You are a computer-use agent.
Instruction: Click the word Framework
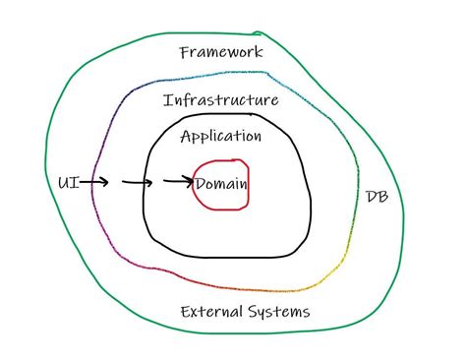221,52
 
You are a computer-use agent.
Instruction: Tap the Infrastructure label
220,99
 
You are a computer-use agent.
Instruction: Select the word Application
221,137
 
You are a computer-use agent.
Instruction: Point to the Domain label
221,184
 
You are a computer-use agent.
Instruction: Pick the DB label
377,197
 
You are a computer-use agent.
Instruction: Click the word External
213,312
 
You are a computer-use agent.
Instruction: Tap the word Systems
280,312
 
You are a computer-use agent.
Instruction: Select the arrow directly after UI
94,182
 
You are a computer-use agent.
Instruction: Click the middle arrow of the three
138,182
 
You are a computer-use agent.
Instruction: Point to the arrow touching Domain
178,182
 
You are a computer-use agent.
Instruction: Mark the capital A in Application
186,137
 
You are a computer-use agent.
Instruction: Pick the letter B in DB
382,197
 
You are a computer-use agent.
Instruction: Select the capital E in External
186,312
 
